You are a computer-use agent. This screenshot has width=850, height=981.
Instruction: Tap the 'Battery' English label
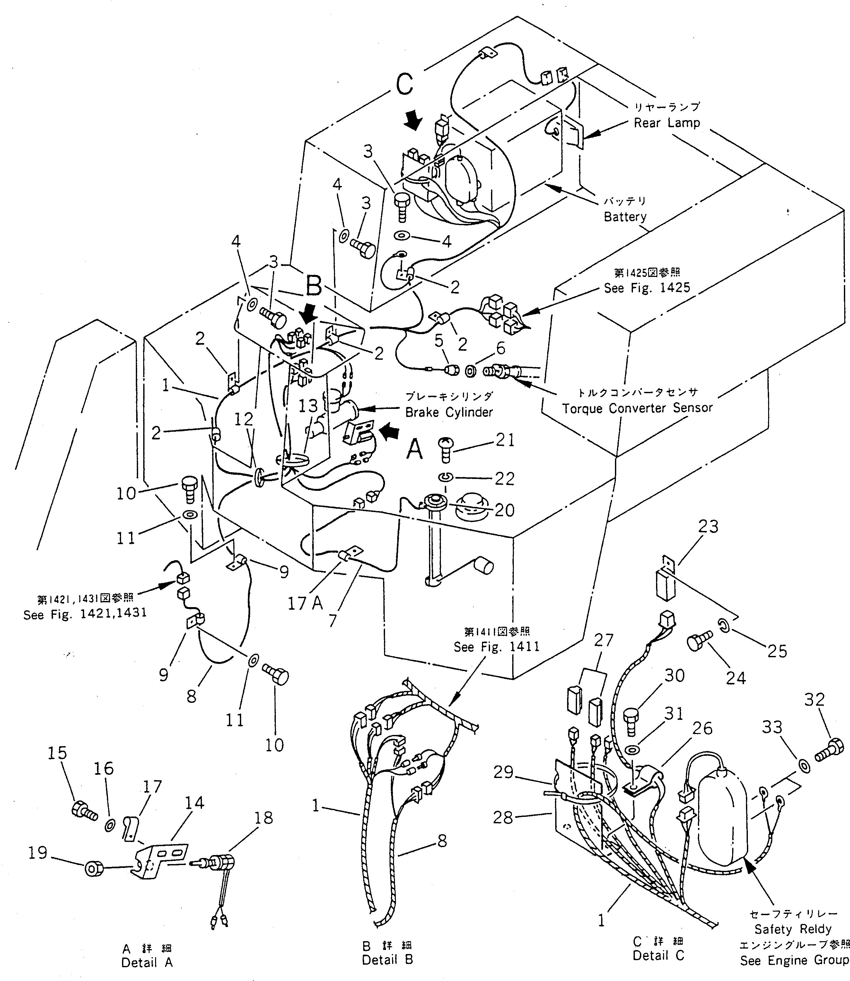pos(625,217)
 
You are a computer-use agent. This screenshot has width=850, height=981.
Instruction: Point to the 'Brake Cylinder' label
pos(449,412)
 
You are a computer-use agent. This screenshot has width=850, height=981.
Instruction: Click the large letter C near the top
pos(404,84)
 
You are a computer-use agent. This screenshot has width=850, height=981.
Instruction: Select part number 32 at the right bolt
pos(814,699)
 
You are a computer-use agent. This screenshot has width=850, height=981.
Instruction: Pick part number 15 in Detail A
pos(57,753)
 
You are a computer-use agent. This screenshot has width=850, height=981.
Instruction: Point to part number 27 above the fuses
pos(603,641)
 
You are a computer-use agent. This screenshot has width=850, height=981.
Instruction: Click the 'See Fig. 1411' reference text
pos(496,647)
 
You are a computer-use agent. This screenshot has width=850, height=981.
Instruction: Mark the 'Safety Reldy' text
pos(793,929)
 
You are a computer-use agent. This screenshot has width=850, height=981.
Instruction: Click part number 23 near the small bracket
pos(708,526)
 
